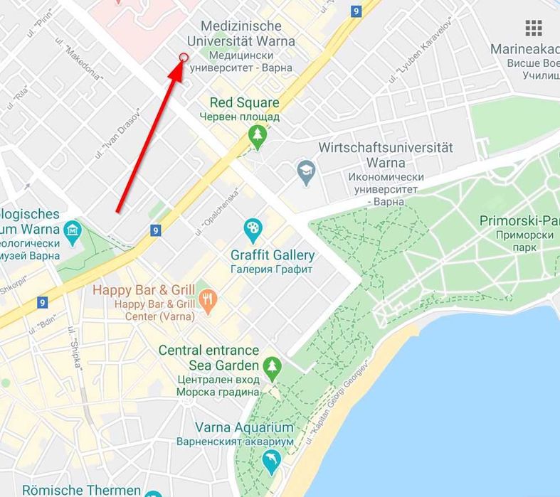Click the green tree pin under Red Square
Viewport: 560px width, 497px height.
tap(257, 134)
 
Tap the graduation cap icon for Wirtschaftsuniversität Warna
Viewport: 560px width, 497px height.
tap(306, 171)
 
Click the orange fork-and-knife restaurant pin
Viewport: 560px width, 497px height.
tap(208, 299)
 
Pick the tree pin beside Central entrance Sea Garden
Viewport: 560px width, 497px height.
tap(272, 367)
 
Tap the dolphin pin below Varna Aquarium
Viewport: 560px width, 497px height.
tap(271, 463)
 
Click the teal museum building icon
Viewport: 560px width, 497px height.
tap(73, 231)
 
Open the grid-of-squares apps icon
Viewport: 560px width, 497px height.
tap(534, 28)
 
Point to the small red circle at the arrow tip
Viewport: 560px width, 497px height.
tap(184, 58)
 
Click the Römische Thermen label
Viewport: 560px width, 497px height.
tap(81, 490)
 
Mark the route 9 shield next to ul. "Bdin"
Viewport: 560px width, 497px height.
tap(42, 303)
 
